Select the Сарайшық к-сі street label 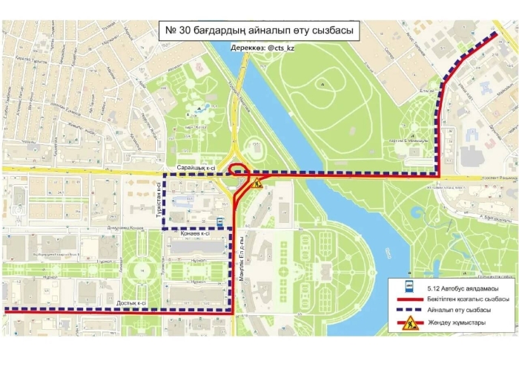coord(196,170)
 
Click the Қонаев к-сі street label coord(195,235)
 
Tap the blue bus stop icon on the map coord(220,221)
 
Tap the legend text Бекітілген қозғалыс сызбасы coord(467,299)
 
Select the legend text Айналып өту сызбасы coord(461,310)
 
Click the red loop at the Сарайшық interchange coord(237,169)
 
